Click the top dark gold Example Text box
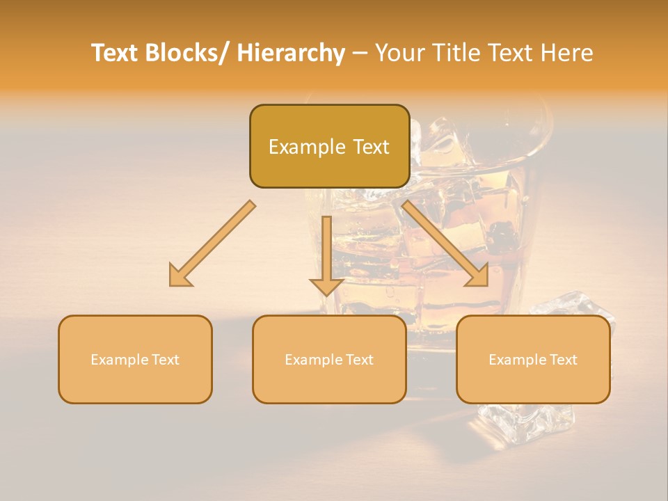click(329, 146)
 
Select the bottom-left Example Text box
click(135, 359)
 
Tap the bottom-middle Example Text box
click(329, 359)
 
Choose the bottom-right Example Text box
click(533, 359)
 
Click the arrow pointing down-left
click(212, 244)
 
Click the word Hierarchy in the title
click(291, 53)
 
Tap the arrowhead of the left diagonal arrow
click(181, 276)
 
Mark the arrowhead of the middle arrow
click(326, 285)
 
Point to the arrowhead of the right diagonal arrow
click(476, 275)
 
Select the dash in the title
click(360, 53)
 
